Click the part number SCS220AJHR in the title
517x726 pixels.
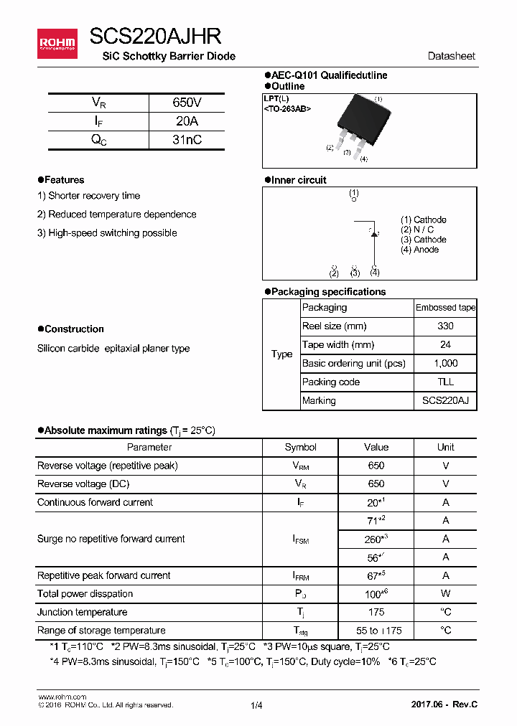[x=155, y=37]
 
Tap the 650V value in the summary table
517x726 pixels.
[x=187, y=103]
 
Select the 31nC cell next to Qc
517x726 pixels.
[x=187, y=140]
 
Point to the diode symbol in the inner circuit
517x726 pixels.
[x=374, y=233]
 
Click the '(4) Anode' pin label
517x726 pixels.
[x=420, y=250]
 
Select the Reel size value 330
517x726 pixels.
[x=445, y=326]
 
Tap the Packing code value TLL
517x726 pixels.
[x=445, y=382]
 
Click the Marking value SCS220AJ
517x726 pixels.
[x=445, y=400]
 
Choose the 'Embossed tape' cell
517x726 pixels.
[x=445, y=307]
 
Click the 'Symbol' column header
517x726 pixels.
[x=300, y=447]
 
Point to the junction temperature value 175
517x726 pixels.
[x=376, y=612]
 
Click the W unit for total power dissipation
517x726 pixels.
[x=445, y=593]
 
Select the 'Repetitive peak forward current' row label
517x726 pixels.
[x=104, y=575]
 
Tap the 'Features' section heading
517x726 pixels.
[x=64, y=180]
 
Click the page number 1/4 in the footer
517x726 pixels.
[x=257, y=705]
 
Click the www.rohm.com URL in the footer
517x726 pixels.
[x=62, y=697]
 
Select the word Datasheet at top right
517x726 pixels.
[x=451, y=56]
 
